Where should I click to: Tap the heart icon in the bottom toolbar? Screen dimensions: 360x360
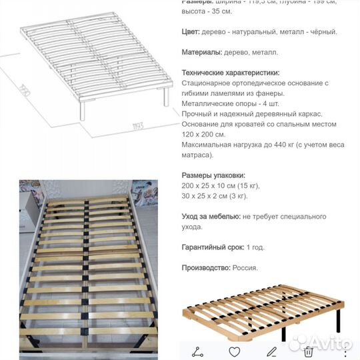pos(235,351)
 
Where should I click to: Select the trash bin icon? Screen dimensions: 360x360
pos(309,351)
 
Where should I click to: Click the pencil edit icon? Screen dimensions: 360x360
pos(272,351)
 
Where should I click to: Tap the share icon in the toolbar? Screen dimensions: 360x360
pos(198,351)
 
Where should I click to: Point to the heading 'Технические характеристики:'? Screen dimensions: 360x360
pos(230,73)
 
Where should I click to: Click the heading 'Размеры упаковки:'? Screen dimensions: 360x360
pos(208,175)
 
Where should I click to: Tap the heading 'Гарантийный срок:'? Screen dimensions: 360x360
pos(213,247)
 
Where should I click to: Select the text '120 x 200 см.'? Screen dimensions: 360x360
pos(203,135)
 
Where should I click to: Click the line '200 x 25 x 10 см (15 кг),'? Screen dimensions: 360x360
pos(220,186)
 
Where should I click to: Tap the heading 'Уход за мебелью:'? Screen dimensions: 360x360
pos(211,217)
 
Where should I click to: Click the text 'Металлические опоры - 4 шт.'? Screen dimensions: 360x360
pos(226,103)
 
